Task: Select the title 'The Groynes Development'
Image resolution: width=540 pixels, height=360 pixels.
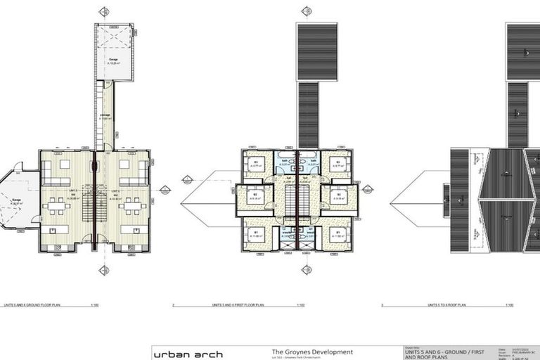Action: pos(312,352)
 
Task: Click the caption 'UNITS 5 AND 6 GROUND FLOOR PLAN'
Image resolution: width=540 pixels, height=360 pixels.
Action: pos(28,305)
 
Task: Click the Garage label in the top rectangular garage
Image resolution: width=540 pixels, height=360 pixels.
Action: pos(114,59)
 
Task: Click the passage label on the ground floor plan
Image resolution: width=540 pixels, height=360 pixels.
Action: pos(105,117)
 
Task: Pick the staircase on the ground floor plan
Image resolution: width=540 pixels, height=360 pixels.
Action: pos(88,207)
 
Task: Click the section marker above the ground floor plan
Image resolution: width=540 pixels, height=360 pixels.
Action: pos(104,11)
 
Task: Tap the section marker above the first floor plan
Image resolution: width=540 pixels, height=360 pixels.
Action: pos(306,11)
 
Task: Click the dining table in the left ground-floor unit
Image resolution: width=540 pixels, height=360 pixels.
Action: pos(56,207)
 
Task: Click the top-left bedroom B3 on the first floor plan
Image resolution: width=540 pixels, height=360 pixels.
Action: pos(256,165)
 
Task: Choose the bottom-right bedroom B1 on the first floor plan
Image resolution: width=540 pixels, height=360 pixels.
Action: pos(339,235)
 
